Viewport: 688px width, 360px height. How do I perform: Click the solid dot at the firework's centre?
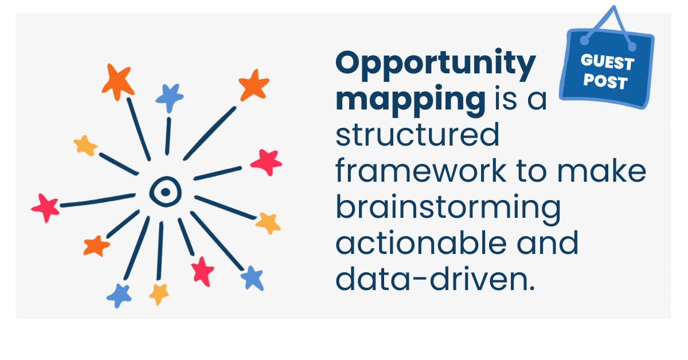(165, 192)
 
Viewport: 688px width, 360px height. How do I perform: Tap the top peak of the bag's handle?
(613, 7)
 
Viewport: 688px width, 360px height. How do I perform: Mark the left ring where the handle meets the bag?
(584, 40)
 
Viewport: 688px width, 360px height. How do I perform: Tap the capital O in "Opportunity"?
(350, 62)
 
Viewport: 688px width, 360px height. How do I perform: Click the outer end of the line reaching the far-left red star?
(61, 205)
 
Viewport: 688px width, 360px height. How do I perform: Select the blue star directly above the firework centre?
(170, 97)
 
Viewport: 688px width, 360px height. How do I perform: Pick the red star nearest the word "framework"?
(267, 162)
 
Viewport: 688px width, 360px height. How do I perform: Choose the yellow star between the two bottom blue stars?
(159, 294)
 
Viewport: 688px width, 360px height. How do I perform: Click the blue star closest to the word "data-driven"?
(252, 278)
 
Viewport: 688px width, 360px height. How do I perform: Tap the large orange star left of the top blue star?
(118, 82)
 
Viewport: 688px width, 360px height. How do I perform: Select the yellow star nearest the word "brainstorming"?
(268, 223)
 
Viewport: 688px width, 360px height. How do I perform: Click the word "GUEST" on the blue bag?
(607, 62)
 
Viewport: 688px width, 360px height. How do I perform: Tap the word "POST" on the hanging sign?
(605, 82)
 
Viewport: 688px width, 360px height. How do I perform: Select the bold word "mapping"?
(411, 100)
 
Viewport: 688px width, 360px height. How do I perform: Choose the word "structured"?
(418, 135)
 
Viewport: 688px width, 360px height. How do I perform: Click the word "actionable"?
(421, 242)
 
